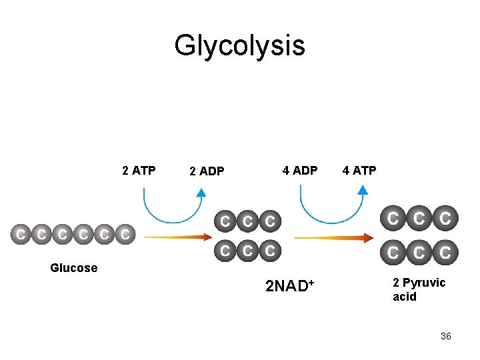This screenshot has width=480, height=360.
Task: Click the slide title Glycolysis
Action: (x=239, y=46)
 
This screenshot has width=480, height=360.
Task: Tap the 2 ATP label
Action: (x=139, y=171)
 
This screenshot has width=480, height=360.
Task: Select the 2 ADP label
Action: (x=206, y=171)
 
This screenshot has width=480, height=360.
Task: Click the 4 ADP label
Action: (x=300, y=171)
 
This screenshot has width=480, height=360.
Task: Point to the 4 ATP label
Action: (x=359, y=171)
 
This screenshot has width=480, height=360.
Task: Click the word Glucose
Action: (x=73, y=268)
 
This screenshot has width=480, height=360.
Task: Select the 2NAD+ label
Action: (x=289, y=287)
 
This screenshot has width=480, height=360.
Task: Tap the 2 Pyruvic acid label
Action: (x=419, y=289)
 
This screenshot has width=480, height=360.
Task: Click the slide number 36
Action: (x=445, y=336)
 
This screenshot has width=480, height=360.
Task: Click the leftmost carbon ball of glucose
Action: (x=21, y=235)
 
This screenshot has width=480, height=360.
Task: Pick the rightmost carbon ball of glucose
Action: (x=125, y=235)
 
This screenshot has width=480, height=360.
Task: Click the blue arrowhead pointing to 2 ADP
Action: (x=201, y=193)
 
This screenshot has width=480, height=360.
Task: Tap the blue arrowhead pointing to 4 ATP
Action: (x=362, y=189)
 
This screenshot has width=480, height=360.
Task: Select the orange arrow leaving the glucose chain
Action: (x=177, y=236)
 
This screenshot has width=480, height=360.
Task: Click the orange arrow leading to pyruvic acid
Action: (x=333, y=237)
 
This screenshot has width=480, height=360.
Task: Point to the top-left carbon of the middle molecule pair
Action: (x=225, y=220)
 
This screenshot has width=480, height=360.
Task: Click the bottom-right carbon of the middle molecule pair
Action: (x=269, y=251)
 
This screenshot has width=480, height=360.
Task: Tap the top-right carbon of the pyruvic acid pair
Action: (x=445, y=218)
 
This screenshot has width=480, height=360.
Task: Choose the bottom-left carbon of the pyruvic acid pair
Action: (x=393, y=253)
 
